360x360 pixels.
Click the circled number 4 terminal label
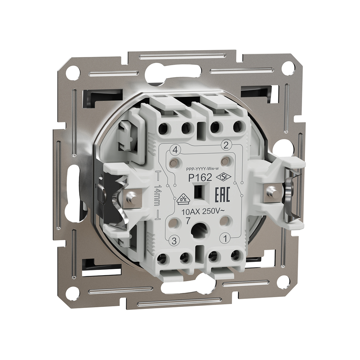coord(175,151)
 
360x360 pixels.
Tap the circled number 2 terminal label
coord(226,146)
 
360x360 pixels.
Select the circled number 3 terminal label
coord(174,241)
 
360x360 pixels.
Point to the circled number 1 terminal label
coord(225,239)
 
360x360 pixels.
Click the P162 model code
coord(200,178)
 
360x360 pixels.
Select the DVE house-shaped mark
coord(183,200)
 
